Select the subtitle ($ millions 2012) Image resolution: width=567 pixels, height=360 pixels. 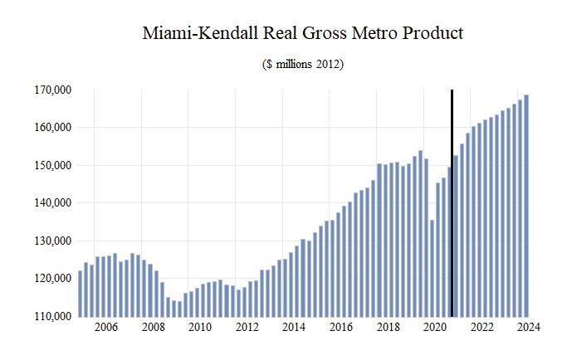click(x=302, y=64)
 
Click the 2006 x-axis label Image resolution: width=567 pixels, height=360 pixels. click(x=105, y=328)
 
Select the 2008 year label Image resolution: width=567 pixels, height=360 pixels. click(x=152, y=328)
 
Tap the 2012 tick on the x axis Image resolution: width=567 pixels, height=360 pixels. click(x=247, y=328)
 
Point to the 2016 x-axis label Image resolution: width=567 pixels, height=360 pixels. click(x=340, y=328)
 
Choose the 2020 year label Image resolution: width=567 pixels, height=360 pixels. click(x=435, y=328)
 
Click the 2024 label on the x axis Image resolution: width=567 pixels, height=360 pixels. click(x=529, y=328)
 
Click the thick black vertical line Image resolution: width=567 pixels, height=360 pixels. click(x=452, y=203)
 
